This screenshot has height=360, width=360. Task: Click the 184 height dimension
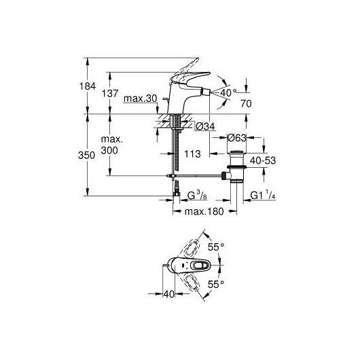[x=88, y=86]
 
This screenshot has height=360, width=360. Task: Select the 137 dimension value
[x=110, y=94]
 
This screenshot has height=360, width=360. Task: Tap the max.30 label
[x=141, y=98]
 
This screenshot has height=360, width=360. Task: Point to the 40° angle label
[x=228, y=92]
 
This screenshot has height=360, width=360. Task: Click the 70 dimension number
[x=246, y=104]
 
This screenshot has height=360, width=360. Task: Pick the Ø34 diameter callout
[x=205, y=126]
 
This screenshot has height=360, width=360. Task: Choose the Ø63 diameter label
[x=236, y=138]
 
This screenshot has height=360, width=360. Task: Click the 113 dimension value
[x=192, y=154]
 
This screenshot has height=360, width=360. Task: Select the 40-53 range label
[x=263, y=160]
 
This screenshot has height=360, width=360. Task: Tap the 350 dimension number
[x=86, y=156]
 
